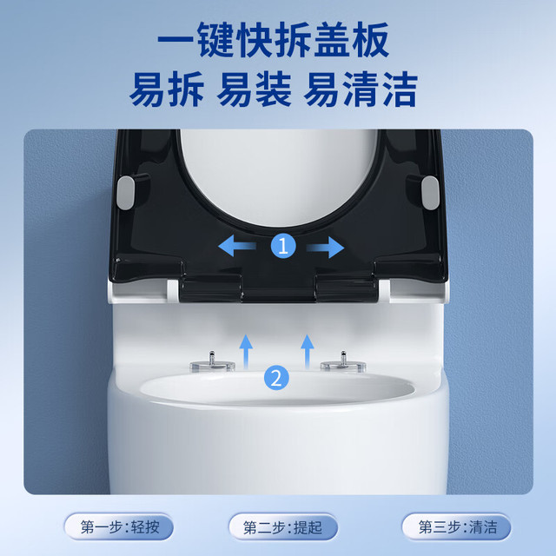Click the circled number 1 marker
[x=283, y=245]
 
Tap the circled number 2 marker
[x=276, y=378]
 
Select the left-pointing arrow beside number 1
[x=237, y=246]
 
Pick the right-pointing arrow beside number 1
[x=325, y=247]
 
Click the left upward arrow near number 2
[x=245, y=352]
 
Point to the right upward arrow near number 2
[x=307, y=352]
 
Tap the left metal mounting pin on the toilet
[x=212, y=362]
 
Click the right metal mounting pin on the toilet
[x=342, y=362]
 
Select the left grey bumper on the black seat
[x=125, y=193]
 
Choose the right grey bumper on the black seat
[x=430, y=193]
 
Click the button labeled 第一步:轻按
[x=119, y=527]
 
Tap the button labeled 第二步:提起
[x=282, y=527]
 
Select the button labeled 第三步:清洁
[x=457, y=527]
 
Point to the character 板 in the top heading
[x=371, y=39]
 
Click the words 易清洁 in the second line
[x=361, y=89]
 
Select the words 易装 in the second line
[x=255, y=89]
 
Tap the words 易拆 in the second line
[x=167, y=89]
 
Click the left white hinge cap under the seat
[x=173, y=291]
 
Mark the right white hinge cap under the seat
[x=384, y=291]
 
